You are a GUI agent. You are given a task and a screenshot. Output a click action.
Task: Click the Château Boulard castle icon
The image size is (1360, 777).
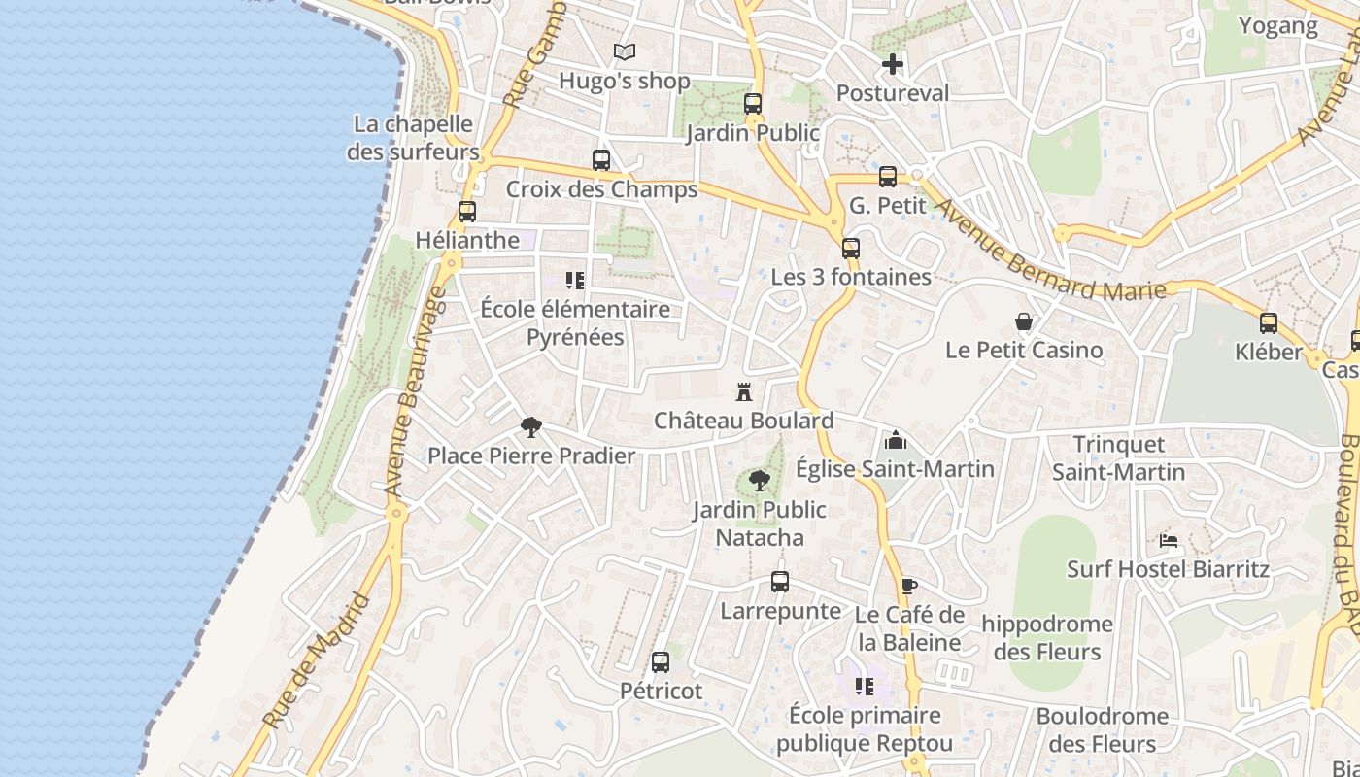click(x=744, y=392)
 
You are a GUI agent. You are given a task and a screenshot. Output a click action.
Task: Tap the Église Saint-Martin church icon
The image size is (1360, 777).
click(x=895, y=441)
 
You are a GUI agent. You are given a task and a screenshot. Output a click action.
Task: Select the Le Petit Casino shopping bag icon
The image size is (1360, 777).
click(x=1024, y=321)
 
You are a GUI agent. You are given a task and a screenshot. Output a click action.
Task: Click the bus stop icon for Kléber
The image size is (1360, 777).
click(x=1269, y=323)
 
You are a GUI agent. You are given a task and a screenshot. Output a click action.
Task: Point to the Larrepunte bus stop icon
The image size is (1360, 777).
click(x=780, y=582)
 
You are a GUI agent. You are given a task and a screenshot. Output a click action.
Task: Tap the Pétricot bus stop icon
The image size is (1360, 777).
click(x=661, y=662)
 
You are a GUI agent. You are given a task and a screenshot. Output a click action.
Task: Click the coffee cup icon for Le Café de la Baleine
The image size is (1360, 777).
click(x=908, y=586)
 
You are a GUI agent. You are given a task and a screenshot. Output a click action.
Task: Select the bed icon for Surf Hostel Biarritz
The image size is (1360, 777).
click(x=1169, y=540)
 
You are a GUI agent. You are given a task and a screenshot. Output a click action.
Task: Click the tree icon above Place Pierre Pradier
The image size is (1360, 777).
click(x=531, y=426)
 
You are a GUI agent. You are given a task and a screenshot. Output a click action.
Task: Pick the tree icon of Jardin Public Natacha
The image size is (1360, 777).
click(x=760, y=480)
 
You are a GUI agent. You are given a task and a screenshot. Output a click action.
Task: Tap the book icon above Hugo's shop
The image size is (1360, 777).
click(x=625, y=52)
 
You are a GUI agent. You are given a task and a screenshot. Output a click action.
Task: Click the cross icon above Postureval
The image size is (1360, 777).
click(x=893, y=65)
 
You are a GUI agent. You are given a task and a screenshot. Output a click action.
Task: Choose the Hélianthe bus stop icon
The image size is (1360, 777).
click(x=467, y=211)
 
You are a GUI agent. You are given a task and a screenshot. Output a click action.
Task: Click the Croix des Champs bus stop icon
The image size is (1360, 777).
click(x=601, y=160)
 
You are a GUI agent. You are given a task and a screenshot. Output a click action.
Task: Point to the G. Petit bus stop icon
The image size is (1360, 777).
click(x=888, y=177)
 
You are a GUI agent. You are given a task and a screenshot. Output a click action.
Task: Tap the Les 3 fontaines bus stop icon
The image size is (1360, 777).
click(x=851, y=249)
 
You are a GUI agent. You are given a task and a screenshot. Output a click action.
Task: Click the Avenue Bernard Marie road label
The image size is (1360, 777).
click(x=1049, y=252)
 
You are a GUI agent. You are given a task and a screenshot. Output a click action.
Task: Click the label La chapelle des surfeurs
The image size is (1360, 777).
click(x=414, y=138)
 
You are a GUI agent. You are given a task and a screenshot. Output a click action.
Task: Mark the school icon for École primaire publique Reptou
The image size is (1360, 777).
click(x=865, y=688)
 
